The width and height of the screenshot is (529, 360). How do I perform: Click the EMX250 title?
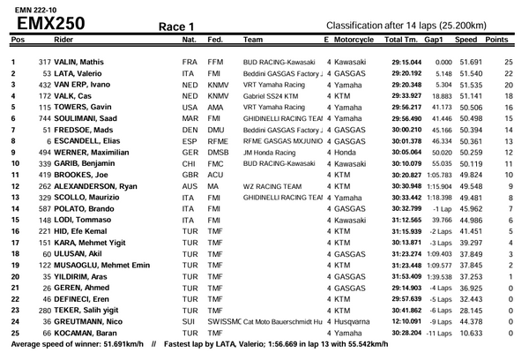tap(50, 23)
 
